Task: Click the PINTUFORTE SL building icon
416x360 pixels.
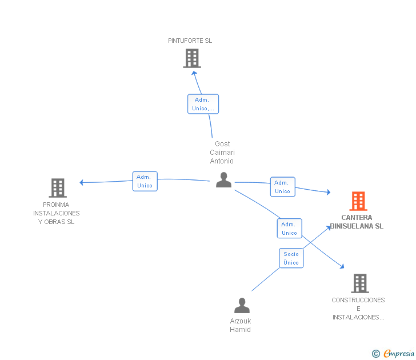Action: click(192, 58)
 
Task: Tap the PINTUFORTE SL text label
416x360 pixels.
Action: click(190, 41)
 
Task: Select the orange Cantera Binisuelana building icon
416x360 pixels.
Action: click(358, 201)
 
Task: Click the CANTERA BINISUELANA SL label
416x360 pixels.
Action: click(357, 222)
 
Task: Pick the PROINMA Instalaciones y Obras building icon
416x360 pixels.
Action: click(58, 188)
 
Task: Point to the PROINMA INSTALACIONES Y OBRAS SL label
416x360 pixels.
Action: click(56, 213)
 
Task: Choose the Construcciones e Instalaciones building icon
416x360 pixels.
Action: click(360, 283)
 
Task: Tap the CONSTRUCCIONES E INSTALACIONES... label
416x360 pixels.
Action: click(358, 309)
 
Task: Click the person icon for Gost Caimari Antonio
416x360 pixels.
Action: click(223, 180)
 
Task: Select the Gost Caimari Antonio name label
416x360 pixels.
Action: click(222, 152)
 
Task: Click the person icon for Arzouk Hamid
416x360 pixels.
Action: click(242, 305)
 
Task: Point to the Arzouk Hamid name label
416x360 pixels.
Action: click(241, 325)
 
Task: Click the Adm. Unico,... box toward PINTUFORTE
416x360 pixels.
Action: click(203, 104)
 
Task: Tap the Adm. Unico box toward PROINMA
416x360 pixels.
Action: click(145, 181)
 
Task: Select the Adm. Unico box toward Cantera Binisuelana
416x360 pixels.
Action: click(282, 187)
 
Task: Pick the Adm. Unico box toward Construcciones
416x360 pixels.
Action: click(290, 229)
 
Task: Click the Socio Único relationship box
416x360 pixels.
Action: click(291, 258)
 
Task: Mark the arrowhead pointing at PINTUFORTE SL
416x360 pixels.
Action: click(194, 73)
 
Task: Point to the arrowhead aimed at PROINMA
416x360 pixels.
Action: click(82, 182)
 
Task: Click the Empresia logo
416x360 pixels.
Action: click(393, 354)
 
